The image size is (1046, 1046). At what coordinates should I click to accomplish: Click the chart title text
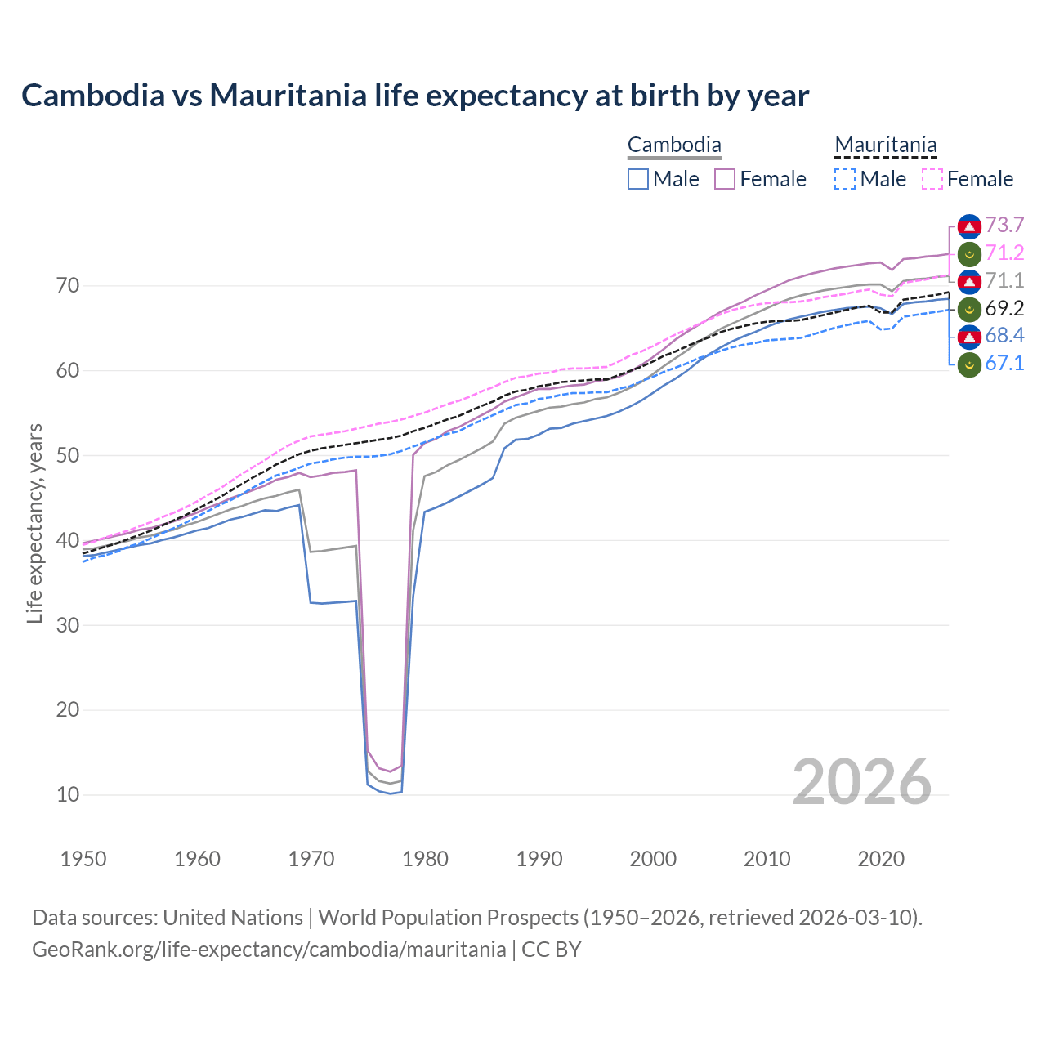[414, 96]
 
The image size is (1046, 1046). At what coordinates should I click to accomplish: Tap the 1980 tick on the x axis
[425, 859]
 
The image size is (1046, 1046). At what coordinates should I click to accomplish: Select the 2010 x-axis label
[767, 859]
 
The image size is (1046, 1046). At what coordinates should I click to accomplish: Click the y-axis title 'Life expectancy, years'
[34, 523]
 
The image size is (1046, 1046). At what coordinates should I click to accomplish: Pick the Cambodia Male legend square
[638, 179]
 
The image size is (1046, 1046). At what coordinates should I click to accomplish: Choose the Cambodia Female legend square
[725, 179]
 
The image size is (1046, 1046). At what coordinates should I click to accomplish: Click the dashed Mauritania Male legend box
[845, 179]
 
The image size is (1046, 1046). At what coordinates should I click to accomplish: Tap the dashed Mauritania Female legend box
[932, 179]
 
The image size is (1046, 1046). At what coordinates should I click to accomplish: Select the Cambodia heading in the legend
[674, 145]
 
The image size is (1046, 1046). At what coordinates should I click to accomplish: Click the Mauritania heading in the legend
[885, 145]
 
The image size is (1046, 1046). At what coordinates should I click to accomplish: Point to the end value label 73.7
[1004, 226]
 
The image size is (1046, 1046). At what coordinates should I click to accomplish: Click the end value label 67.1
[1004, 364]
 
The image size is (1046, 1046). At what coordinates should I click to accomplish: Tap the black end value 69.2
[1004, 309]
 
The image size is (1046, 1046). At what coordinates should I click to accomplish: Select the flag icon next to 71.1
[969, 281]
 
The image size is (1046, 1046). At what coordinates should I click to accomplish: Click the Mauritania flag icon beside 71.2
[969, 253]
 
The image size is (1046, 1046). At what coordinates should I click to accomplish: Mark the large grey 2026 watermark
[862, 782]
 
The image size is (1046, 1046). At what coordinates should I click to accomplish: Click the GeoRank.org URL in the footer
[269, 950]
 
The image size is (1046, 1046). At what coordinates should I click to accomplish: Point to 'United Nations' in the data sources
[233, 918]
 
